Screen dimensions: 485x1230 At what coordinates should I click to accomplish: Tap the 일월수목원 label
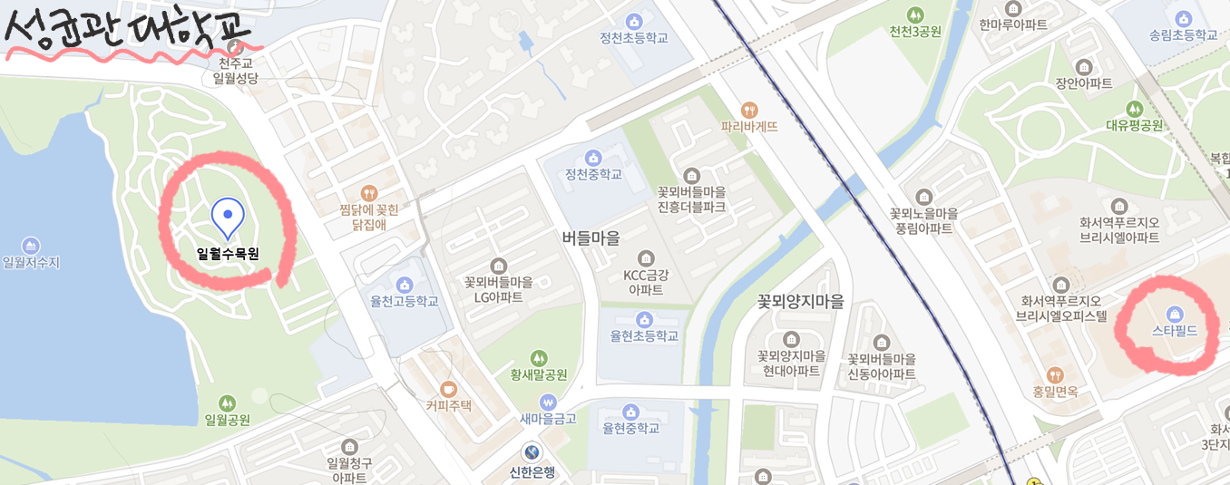[x=228, y=254]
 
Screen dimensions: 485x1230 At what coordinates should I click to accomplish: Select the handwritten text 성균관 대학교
[x=127, y=32]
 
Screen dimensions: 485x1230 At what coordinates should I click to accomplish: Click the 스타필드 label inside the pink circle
[x=1174, y=331]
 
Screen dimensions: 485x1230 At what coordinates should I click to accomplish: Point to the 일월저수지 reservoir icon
[x=31, y=246]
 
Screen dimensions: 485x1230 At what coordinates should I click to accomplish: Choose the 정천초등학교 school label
[x=633, y=38]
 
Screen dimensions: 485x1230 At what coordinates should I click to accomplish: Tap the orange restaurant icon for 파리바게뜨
[x=749, y=110]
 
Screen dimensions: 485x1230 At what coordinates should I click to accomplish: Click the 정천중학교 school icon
[x=593, y=158]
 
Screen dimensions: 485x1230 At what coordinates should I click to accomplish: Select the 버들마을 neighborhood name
[x=591, y=238]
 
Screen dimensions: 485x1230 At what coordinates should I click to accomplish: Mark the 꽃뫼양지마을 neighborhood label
[x=800, y=302]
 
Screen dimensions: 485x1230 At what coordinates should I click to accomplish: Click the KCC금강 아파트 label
[x=646, y=282]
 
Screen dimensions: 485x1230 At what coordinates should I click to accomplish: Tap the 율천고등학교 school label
[x=404, y=301]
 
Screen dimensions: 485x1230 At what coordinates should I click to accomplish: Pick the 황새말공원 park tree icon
[x=540, y=358]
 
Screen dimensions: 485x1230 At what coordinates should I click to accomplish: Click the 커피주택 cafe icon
[x=448, y=389]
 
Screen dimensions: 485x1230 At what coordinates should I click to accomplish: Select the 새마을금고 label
[x=547, y=418]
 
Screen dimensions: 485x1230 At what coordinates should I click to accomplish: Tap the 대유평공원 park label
[x=1134, y=125]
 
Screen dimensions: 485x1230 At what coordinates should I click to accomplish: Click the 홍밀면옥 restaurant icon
[x=1054, y=374]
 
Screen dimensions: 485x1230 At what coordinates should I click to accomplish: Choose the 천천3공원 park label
[x=915, y=32]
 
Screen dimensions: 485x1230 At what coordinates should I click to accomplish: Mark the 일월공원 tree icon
[x=227, y=403]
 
